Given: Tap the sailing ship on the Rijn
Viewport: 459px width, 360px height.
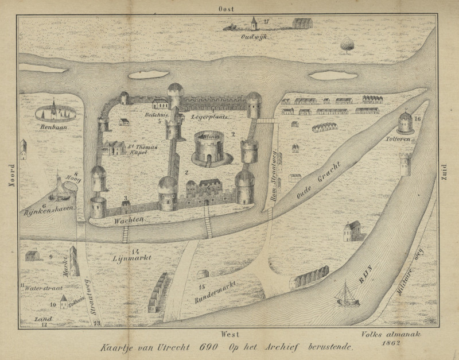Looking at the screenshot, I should tap(347, 294).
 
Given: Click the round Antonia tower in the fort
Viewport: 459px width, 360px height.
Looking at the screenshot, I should tap(208, 148).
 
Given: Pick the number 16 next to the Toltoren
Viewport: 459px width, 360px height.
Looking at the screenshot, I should tap(418, 118).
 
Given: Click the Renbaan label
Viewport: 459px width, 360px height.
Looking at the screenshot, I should tap(51, 127).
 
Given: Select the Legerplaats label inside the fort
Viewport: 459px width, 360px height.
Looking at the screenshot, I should tap(211, 117).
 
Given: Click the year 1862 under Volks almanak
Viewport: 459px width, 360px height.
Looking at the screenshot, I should tap(394, 342).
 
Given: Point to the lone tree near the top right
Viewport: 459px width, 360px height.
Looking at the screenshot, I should tap(347, 44).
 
